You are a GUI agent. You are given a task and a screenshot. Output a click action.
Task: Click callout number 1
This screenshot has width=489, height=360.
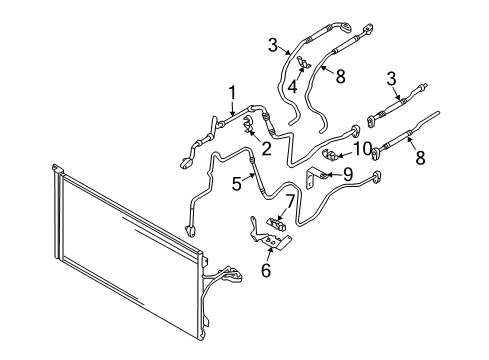click(x=232, y=93)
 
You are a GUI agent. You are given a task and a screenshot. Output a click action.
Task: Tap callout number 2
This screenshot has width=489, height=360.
click(x=266, y=149)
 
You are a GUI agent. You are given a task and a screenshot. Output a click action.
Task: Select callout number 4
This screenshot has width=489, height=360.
click(x=292, y=87)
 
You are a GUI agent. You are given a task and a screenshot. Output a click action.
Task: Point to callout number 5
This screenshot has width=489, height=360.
click(x=237, y=184)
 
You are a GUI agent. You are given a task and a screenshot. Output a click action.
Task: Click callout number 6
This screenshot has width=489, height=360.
click(x=266, y=270)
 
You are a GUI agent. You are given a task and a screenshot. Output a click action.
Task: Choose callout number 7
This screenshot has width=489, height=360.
click(x=290, y=202)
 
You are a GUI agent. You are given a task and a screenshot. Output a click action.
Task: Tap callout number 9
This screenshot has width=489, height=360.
click(x=348, y=174)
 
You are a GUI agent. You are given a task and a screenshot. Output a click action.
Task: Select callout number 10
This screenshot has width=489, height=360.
click(x=362, y=149)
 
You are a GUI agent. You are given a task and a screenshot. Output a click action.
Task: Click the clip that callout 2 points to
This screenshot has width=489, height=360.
click(x=247, y=125)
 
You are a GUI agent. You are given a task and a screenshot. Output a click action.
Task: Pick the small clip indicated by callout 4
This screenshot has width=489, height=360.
click(x=304, y=61)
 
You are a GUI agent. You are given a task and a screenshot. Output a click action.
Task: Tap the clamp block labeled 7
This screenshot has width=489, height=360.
click(x=276, y=223)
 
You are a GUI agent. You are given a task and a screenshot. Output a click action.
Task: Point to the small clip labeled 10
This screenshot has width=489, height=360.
click(x=330, y=154)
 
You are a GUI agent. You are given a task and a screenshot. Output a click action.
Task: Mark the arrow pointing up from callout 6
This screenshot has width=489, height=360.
click(x=269, y=254)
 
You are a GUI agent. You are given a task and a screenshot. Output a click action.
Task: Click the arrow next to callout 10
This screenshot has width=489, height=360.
click(x=345, y=154)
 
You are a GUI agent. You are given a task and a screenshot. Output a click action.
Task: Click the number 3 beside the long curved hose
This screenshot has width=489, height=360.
click(x=273, y=45)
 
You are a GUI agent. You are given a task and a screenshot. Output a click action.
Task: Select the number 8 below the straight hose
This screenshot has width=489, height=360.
click(x=420, y=157)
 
